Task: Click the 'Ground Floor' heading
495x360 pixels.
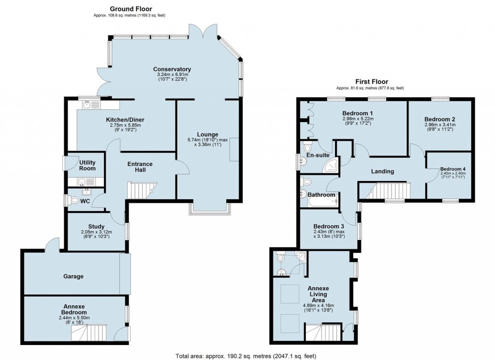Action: [x=131, y=9]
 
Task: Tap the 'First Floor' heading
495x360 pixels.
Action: [x=372, y=82]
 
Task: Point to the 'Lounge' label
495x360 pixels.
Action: [x=207, y=135]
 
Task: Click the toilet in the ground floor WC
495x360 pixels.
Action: [x=74, y=200]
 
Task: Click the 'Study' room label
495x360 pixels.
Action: [x=96, y=226]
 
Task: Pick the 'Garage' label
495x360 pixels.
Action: [x=73, y=277]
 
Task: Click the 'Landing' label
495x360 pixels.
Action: [x=382, y=171]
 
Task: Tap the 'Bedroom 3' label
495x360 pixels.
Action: [x=329, y=226]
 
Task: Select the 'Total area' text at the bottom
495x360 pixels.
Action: [x=247, y=356]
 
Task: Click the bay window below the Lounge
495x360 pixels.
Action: [x=210, y=208]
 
